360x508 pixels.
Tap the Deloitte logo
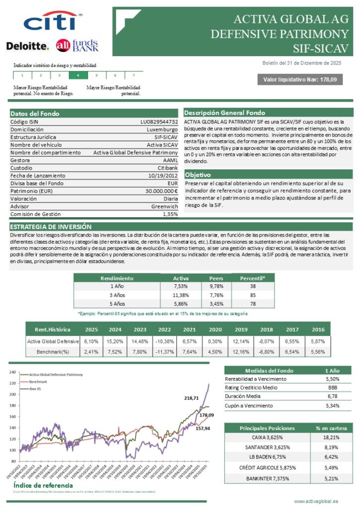[x=28, y=46]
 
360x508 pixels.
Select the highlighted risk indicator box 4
[x=77, y=75]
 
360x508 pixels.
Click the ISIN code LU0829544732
[x=159, y=122]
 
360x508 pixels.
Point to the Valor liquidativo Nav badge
[x=299, y=79]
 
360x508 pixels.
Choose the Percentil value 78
[x=253, y=304]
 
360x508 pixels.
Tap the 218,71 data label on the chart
[x=191, y=398]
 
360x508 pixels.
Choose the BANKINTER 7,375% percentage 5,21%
[x=331, y=478]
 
